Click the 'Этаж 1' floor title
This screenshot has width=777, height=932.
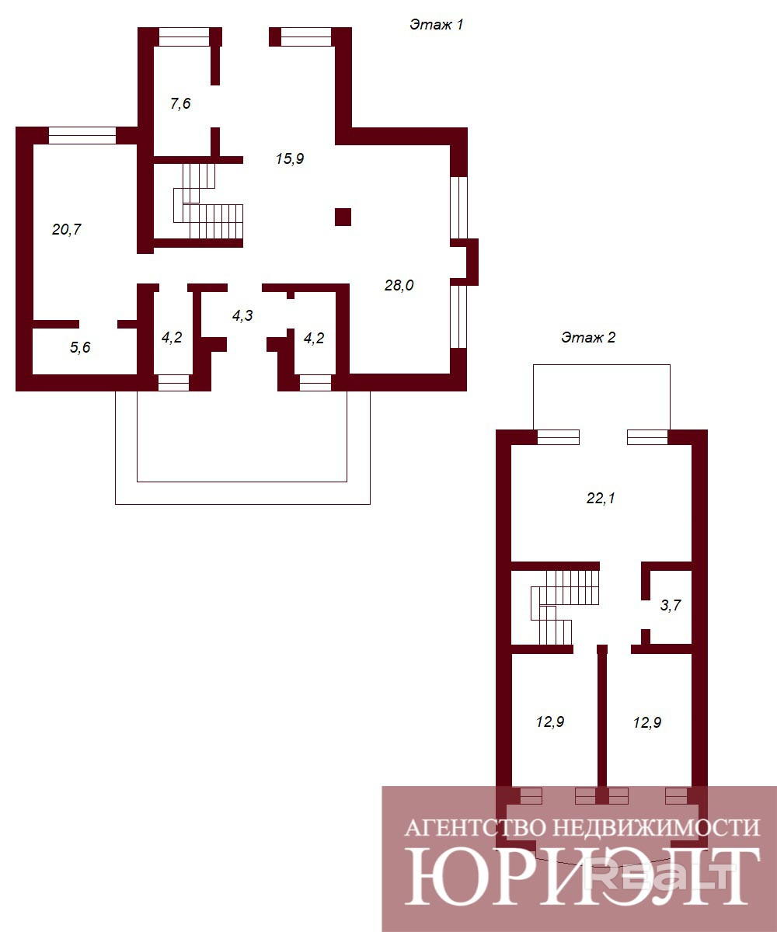[x=436, y=25]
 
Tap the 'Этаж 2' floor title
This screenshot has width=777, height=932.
[x=588, y=337]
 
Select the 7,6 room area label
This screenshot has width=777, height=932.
[x=180, y=103]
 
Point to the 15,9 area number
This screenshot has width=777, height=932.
[x=290, y=158]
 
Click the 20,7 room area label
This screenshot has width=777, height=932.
[x=67, y=229]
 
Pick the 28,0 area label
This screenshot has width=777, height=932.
[x=399, y=285]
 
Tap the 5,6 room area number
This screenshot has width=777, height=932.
[x=80, y=347]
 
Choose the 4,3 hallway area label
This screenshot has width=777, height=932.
[x=242, y=316]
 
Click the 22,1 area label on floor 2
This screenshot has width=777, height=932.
[x=601, y=498]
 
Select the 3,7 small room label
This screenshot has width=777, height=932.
[x=671, y=605]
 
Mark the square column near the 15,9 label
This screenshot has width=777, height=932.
[x=343, y=217]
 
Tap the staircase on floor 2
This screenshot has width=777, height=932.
[x=564, y=607]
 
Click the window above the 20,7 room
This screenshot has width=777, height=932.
[x=82, y=135]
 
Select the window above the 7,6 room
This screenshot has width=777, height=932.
[x=184, y=37]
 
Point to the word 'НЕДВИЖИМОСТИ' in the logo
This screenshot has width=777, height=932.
[x=657, y=828]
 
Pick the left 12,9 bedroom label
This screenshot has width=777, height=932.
[x=550, y=722]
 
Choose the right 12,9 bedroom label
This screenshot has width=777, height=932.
[x=647, y=722]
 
